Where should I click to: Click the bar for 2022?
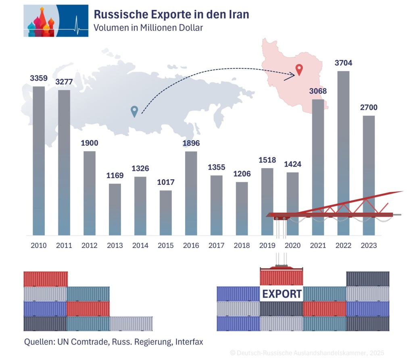(x=343, y=153)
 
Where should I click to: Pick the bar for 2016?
(x=191, y=193)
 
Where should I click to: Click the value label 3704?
(x=343, y=63)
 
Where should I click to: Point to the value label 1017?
(x=165, y=182)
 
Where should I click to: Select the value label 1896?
(x=191, y=143)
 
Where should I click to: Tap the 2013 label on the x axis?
(x=115, y=246)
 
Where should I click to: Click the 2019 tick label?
(x=267, y=246)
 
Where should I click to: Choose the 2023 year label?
(x=369, y=246)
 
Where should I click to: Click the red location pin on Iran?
(x=299, y=70)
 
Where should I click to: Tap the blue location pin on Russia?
(x=134, y=111)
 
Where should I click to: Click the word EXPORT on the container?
(x=282, y=294)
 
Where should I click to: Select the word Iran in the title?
(x=237, y=15)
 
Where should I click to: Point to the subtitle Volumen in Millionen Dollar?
(x=148, y=28)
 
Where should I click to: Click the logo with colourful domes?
(x=56, y=21)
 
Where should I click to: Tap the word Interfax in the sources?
(x=188, y=342)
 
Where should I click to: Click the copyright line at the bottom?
(x=307, y=353)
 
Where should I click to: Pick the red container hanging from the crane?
(x=281, y=277)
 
